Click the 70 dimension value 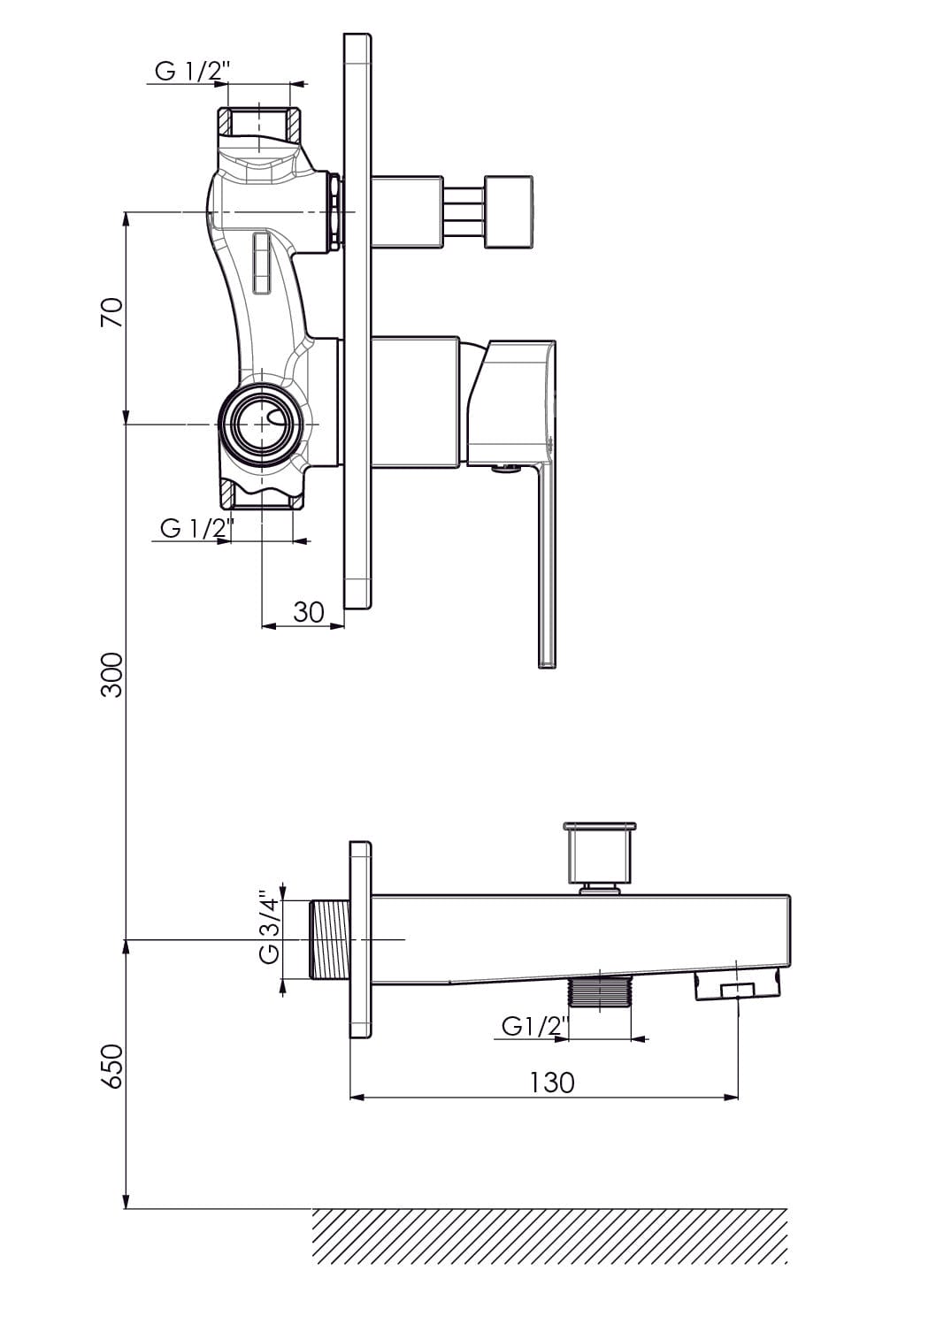(112, 312)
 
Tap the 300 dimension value (112, 675)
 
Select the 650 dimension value (112, 1067)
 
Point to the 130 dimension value (551, 1083)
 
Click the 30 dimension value (308, 612)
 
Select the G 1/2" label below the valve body (197, 528)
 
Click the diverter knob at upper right (508, 211)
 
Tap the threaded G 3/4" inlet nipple (330, 938)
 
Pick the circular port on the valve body (262, 424)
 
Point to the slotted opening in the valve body (261, 263)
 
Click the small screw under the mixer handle (505, 469)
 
